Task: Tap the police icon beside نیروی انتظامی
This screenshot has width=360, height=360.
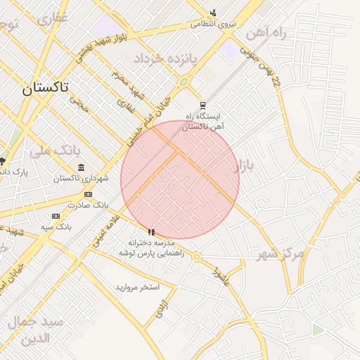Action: pos(213,13)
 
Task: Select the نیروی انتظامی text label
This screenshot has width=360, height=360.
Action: pos(214,24)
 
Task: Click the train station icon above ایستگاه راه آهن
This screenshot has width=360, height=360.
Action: pos(203,105)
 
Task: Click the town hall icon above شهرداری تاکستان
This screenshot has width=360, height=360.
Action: pos(82,167)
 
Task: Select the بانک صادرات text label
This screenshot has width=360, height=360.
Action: pos(89,205)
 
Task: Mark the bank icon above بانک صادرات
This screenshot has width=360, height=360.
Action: pos(88,194)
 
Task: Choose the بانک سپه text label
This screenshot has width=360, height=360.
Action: pos(56,226)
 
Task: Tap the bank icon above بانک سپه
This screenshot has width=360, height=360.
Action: pos(56,216)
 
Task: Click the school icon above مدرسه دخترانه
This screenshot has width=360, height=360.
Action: pos(150,232)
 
